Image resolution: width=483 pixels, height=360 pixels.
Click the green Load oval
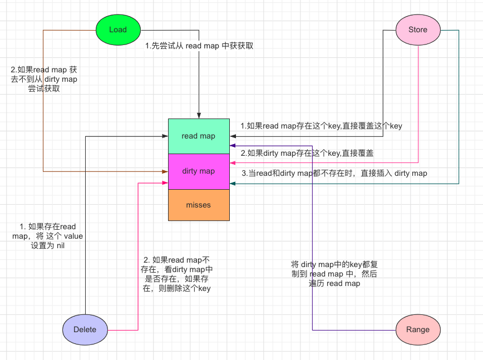[x=118, y=29]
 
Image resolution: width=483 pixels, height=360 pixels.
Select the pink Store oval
[x=418, y=29]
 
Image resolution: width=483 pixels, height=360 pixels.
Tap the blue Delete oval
[x=85, y=329]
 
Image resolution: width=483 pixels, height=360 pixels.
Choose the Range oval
[x=417, y=329]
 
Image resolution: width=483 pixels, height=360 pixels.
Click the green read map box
[x=199, y=136]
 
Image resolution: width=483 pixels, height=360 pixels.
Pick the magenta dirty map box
[x=199, y=171]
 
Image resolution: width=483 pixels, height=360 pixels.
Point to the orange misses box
[x=199, y=205]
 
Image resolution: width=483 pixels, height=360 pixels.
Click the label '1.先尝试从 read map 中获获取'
[x=199, y=46]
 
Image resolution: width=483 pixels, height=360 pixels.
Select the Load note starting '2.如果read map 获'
[x=44, y=80]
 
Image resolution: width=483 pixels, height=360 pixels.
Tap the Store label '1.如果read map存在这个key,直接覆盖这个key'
[x=321, y=126]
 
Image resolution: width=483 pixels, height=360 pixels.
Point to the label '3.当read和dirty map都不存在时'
[x=334, y=173]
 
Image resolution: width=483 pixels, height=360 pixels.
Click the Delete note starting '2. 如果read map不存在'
[x=176, y=274]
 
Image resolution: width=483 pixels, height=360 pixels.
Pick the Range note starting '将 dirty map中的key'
[x=334, y=273]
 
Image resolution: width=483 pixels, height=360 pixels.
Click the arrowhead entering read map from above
[x=199, y=116]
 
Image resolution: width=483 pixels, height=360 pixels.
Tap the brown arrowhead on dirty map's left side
[x=165, y=172]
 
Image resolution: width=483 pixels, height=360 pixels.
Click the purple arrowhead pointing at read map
[x=233, y=145]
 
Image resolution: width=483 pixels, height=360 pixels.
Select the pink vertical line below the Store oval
[x=418, y=100]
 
